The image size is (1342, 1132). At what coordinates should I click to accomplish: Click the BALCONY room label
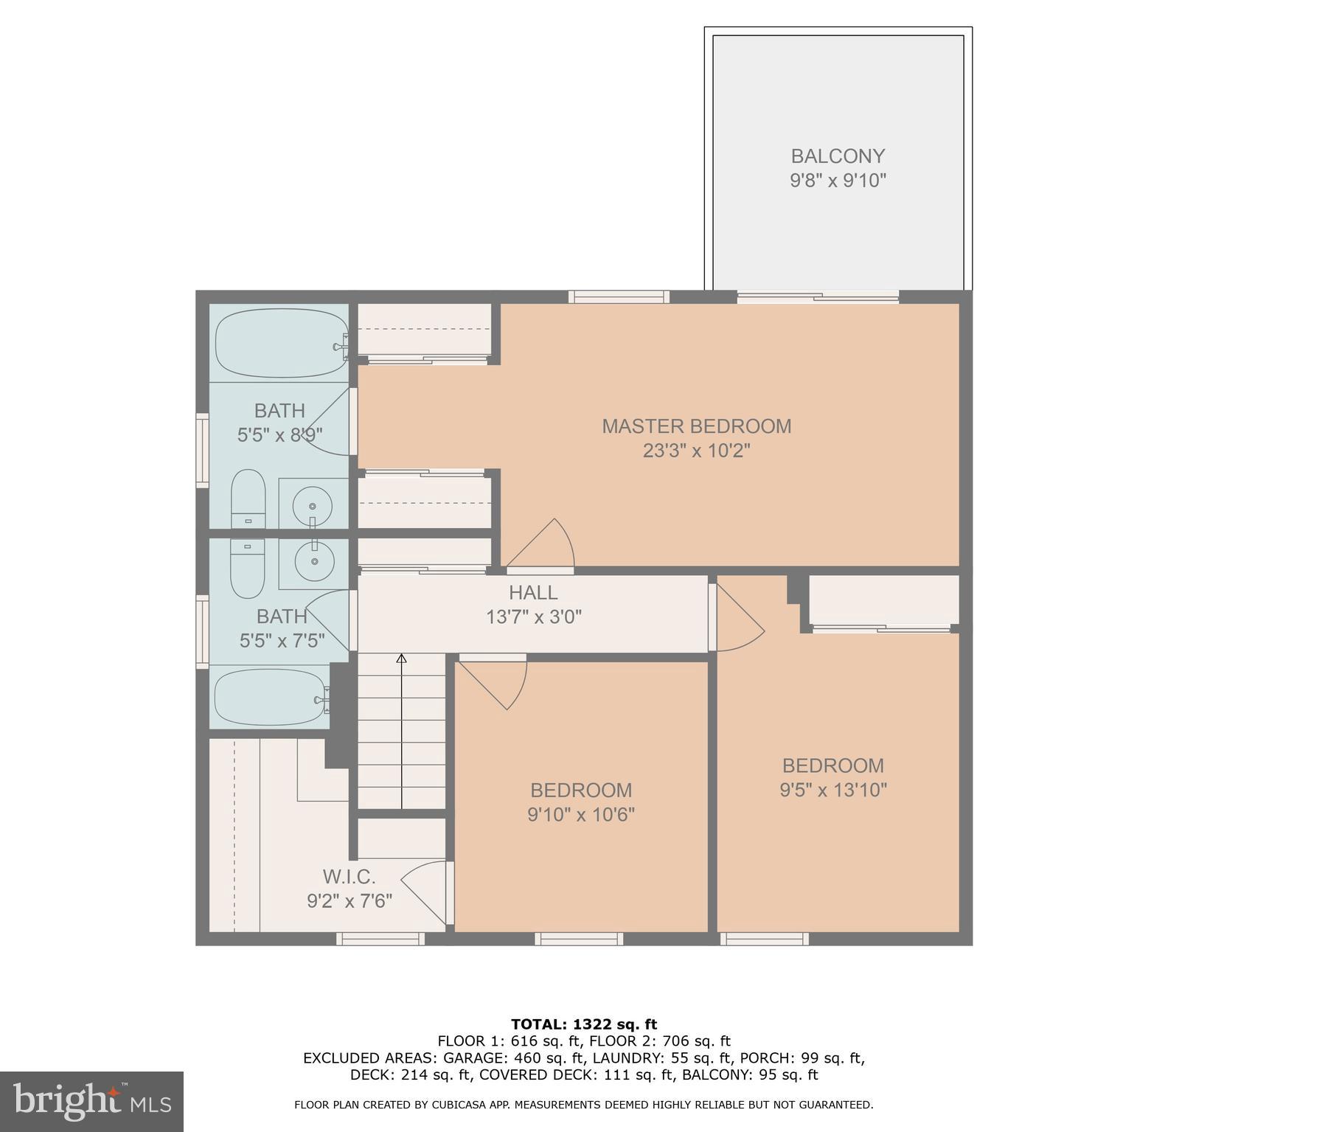click(837, 156)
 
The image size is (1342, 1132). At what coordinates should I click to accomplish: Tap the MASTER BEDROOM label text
click(696, 426)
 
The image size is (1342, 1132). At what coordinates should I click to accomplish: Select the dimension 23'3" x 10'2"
click(696, 451)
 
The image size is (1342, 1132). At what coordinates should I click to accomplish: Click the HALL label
click(533, 592)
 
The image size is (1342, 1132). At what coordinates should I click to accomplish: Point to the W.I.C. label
click(349, 877)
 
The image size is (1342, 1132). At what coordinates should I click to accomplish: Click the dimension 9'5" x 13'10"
click(832, 790)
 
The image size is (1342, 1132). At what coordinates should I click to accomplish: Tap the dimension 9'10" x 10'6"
click(580, 814)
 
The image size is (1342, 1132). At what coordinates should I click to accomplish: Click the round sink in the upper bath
click(313, 506)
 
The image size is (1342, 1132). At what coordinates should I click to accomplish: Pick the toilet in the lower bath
click(247, 568)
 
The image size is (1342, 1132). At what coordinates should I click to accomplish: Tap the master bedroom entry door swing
click(546, 546)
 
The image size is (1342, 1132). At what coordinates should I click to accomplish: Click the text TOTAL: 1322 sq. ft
click(583, 1024)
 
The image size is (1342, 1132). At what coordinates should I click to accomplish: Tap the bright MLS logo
click(91, 1101)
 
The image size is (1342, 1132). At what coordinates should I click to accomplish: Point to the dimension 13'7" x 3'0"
click(533, 617)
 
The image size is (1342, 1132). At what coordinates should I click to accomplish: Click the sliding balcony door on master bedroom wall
click(818, 297)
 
